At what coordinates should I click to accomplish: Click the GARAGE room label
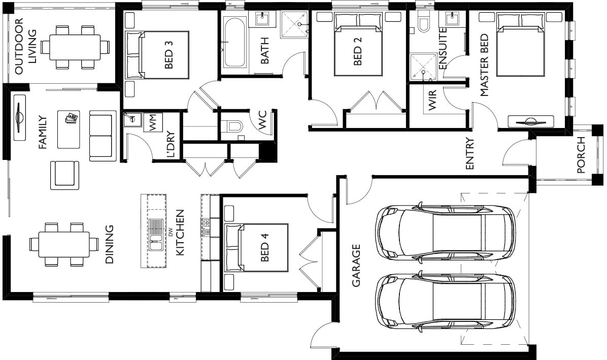click(x=356, y=265)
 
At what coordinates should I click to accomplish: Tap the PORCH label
click(x=581, y=155)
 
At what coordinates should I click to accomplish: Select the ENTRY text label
click(x=469, y=154)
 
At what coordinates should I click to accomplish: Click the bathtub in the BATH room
click(x=234, y=42)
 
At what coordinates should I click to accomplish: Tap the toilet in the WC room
click(x=233, y=126)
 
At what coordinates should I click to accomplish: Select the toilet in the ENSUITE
click(x=424, y=21)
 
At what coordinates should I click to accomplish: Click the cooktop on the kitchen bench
click(x=206, y=227)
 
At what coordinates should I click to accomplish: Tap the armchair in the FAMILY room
click(x=64, y=175)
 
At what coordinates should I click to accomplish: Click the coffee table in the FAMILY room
click(x=69, y=129)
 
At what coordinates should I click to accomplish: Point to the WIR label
click(x=432, y=100)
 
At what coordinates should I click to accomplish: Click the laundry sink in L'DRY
click(x=132, y=119)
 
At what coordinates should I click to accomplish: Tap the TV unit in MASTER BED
click(x=531, y=121)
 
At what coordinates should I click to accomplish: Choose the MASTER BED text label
click(x=484, y=65)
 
